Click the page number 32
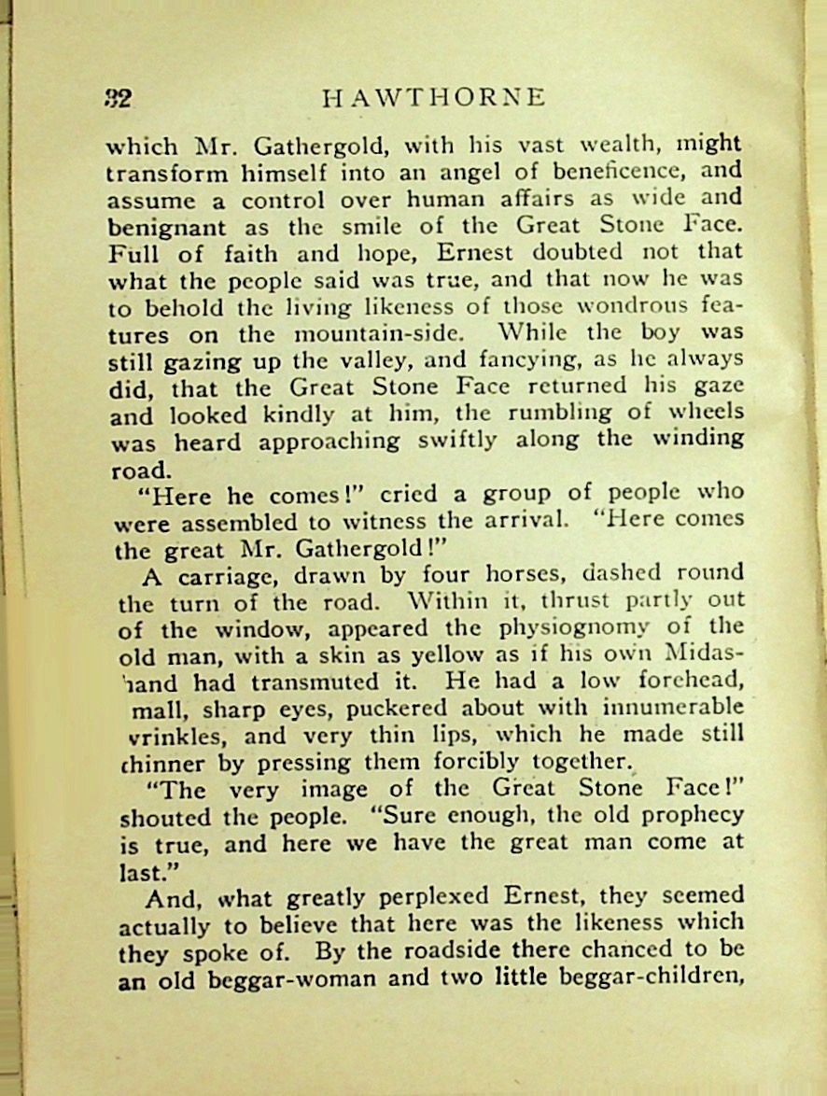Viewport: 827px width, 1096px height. click(x=119, y=99)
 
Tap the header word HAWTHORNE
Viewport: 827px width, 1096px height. click(x=432, y=98)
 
